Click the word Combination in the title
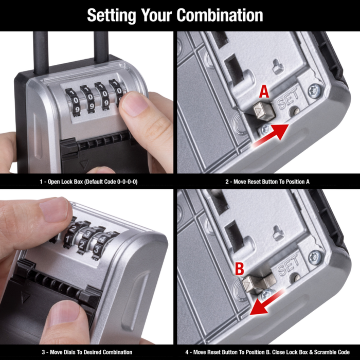tap(220, 15)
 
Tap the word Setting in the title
tap(109, 15)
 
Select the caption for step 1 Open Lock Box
tap(89, 182)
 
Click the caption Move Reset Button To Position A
tap(267, 182)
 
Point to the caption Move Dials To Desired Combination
tap(89, 352)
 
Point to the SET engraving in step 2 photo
tap(288, 101)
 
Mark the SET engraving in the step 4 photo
tap(288, 266)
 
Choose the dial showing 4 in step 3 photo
tap(105, 241)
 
